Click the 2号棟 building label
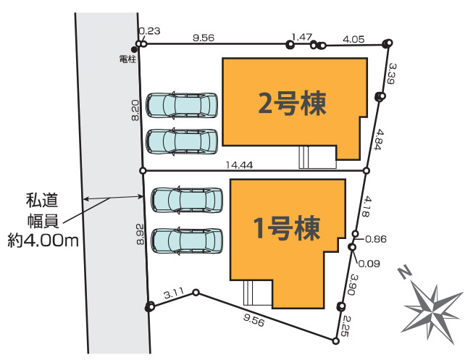tap(293, 103)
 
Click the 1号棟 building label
tap(288, 229)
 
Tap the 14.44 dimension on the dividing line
tap(239, 164)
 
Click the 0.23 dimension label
tap(148, 30)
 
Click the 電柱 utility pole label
tap(127, 59)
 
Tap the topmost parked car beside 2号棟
tap(181, 105)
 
